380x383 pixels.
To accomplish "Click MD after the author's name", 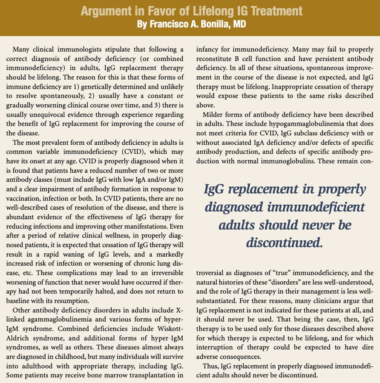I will (239, 25).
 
